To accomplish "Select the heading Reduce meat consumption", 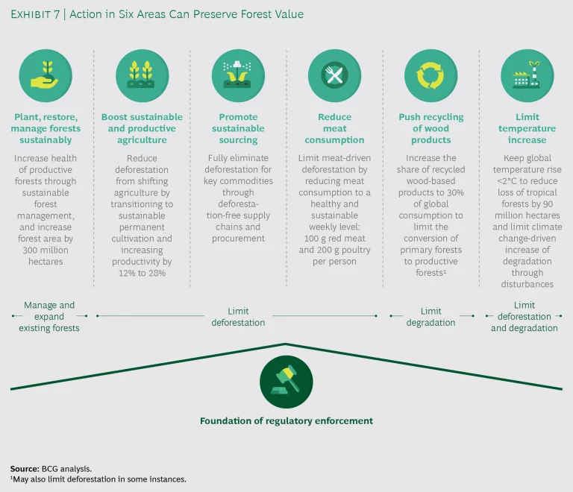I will pos(334,128).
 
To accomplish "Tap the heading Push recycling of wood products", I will pos(430,128).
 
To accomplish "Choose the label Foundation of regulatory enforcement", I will pos(286,421).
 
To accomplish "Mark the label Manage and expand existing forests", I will pos(49,316).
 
